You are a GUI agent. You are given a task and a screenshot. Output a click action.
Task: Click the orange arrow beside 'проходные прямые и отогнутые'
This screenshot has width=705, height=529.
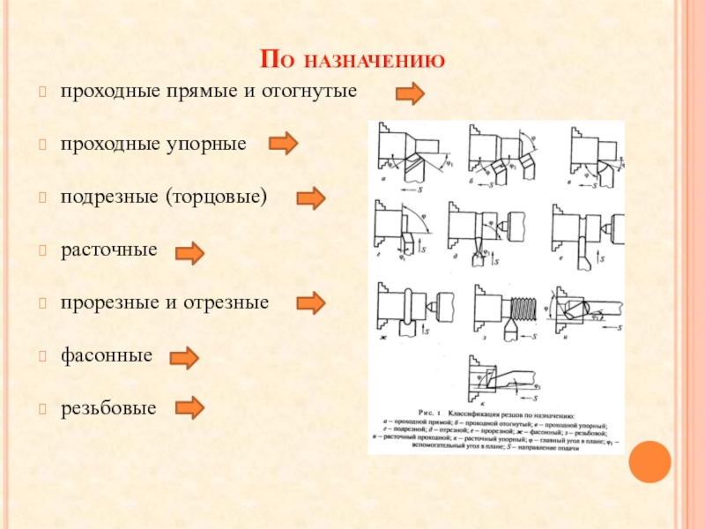(x=410, y=93)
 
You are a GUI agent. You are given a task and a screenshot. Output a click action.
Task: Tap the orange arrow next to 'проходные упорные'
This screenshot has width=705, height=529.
(x=283, y=143)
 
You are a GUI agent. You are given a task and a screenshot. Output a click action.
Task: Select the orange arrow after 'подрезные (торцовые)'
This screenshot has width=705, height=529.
(x=310, y=199)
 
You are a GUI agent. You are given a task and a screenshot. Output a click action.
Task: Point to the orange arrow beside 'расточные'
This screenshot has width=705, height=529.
(x=189, y=254)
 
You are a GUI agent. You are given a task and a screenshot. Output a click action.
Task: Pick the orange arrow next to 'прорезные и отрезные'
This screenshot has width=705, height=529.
(x=310, y=304)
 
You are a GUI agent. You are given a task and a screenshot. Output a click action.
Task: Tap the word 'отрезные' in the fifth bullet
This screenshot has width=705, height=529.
(x=236, y=302)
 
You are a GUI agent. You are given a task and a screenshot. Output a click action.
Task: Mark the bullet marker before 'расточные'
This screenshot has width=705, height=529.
(x=42, y=250)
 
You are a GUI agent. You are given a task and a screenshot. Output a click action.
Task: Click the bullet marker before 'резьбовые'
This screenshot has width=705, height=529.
(x=42, y=409)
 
